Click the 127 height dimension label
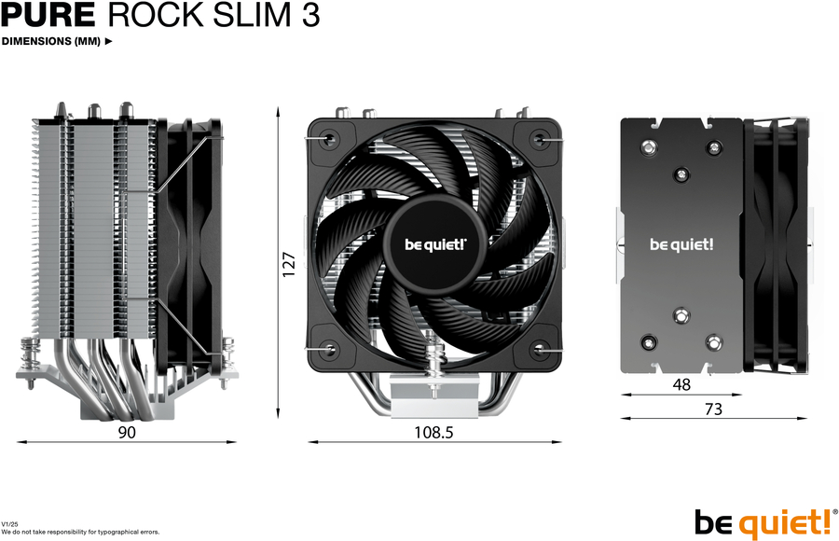(x=289, y=264)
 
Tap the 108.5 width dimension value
(x=433, y=432)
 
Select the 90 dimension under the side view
(x=127, y=432)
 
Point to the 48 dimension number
(x=681, y=384)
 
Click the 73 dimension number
(x=713, y=409)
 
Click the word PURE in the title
(x=48, y=15)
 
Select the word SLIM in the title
(x=252, y=15)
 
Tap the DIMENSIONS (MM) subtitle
(x=51, y=41)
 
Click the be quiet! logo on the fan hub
(x=435, y=244)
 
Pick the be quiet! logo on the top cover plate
(x=681, y=244)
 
